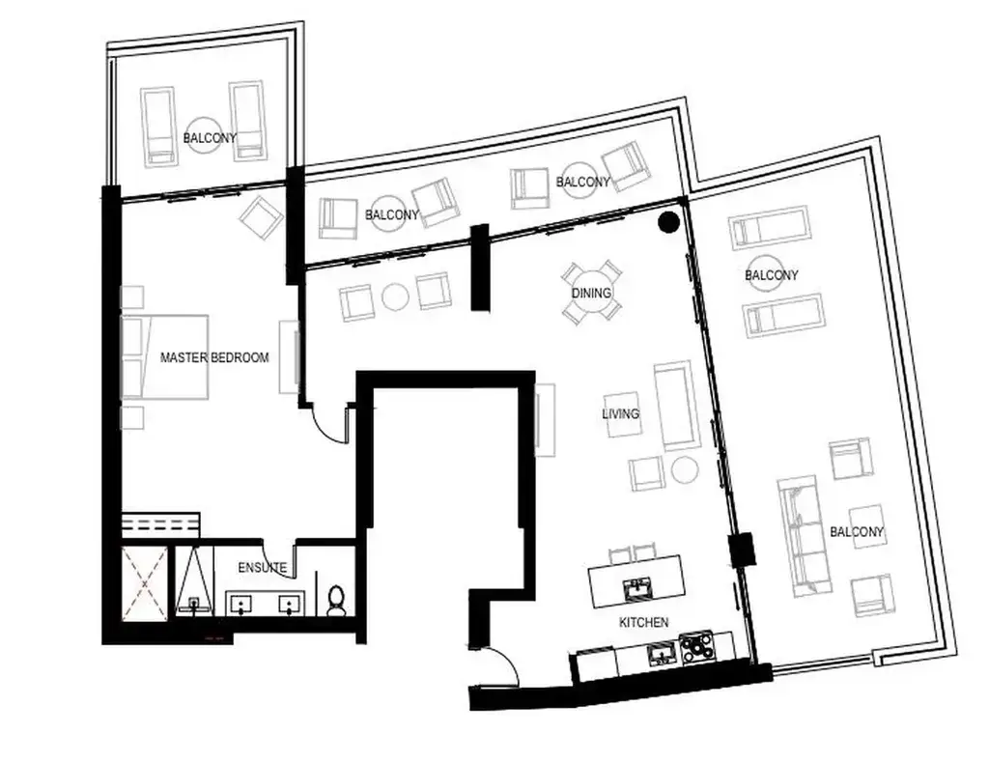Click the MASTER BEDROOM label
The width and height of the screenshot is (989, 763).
tap(214, 357)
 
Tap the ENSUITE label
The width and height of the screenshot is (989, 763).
tap(263, 568)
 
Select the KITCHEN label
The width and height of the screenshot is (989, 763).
tap(644, 622)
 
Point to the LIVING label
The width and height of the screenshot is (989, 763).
tap(621, 413)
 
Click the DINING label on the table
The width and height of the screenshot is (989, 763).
tap(592, 293)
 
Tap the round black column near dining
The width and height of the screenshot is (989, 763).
tap(668, 222)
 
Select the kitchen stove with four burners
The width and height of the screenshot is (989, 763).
tap(697, 648)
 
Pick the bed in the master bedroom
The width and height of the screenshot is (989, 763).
tap(165, 357)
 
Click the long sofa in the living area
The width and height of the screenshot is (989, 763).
tap(676, 406)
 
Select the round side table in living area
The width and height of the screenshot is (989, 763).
tap(684, 469)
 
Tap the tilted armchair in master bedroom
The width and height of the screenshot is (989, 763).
tap(260, 217)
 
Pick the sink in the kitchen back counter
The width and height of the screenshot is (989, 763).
tap(661, 653)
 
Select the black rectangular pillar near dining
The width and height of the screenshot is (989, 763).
tap(481, 268)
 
